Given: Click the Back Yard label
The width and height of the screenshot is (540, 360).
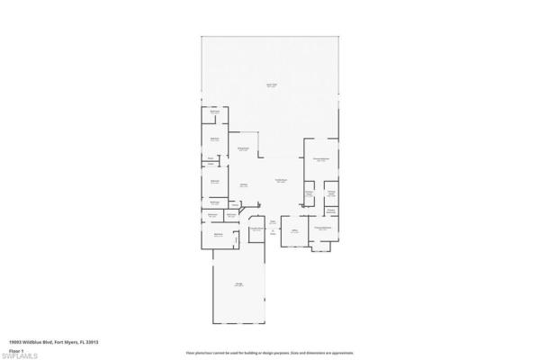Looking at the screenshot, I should click(x=270, y=85).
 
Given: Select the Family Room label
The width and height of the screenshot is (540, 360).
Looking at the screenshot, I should click(x=281, y=181).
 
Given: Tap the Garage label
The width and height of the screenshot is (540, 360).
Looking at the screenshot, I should click(x=239, y=285).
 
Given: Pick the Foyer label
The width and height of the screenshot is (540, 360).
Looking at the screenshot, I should click(x=273, y=221).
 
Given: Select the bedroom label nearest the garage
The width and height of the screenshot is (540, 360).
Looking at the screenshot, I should click(x=218, y=235).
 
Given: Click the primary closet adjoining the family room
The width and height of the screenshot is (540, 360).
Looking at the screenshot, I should click(x=308, y=193).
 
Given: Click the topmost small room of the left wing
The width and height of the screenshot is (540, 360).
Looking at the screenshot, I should click(x=215, y=112).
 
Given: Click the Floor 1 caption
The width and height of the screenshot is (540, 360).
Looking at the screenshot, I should click(x=15, y=349).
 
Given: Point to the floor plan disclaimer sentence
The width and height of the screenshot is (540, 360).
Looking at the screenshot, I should click(x=269, y=354).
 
